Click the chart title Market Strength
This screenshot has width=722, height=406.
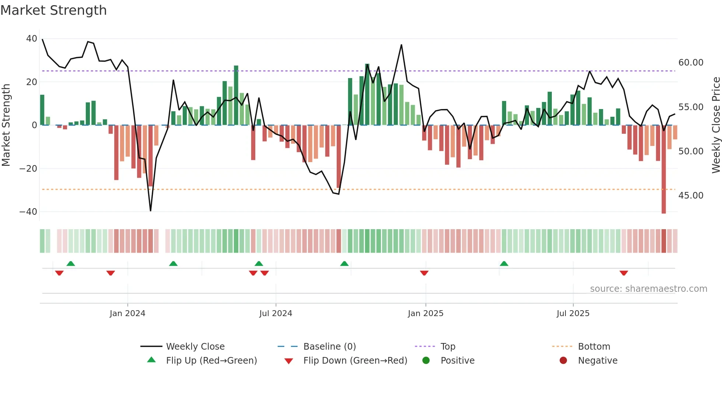pos(53,10)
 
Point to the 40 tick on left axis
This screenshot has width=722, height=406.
pos(32,39)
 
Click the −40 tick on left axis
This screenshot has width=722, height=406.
pos(28,211)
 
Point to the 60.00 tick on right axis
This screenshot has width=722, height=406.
pos(691,63)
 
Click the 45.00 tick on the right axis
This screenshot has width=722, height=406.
pos(691,195)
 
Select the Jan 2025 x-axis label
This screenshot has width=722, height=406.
pos(425,313)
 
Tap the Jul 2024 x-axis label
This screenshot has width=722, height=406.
pos(276,313)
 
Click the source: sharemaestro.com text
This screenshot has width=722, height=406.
pos(648,288)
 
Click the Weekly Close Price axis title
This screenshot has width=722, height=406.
pos(716,125)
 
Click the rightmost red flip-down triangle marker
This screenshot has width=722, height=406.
pos(624,273)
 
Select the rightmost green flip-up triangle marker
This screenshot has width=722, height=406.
pos(504,263)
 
